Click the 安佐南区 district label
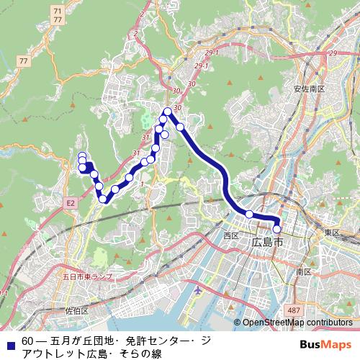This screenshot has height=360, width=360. pos(310,89)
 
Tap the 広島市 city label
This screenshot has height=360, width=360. pos(268,243)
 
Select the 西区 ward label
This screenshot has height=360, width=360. pos(231,235)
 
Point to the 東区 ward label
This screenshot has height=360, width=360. pos(331,233)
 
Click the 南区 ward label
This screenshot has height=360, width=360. pos(303,272)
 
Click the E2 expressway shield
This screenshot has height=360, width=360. pos(71,204)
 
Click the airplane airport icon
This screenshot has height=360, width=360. pos(199,289)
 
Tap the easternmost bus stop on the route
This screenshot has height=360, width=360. pos(277,230)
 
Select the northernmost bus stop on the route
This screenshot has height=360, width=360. pos(167,111)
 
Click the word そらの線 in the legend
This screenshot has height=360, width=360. pos(138,353)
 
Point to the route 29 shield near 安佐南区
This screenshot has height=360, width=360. pos(332,53)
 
